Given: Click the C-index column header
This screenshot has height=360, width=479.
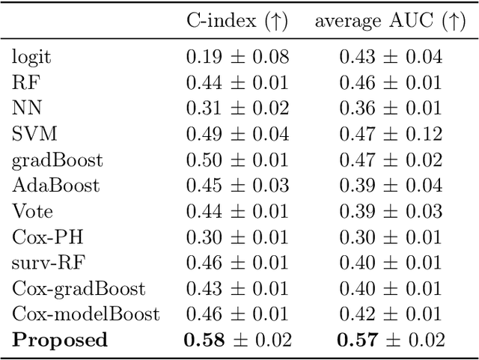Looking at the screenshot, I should click(x=237, y=21).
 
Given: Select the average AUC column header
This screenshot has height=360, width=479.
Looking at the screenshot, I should click(x=389, y=21).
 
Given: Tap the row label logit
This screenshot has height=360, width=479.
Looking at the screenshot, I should click(x=31, y=56).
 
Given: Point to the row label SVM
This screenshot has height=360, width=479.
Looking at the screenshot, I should click(x=34, y=134).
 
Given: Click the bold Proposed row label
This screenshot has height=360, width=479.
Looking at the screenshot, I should click(x=60, y=341).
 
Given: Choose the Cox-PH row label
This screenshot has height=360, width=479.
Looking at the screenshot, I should click(x=47, y=237).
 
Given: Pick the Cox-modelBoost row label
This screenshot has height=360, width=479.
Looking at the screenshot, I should click(x=85, y=314).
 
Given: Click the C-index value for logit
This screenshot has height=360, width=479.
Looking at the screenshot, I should click(x=237, y=56).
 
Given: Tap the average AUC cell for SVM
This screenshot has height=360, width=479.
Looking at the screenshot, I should click(x=390, y=134).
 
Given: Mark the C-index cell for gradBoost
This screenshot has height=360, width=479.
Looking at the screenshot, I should click(x=237, y=160).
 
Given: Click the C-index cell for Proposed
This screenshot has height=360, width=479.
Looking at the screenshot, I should click(x=237, y=341).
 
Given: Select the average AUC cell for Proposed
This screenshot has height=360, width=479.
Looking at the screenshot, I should click(x=390, y=341).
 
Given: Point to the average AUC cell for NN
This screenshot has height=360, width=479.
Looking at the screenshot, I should click(x=390, y=108).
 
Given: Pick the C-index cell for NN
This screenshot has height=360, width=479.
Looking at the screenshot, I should click(x=237, y=108).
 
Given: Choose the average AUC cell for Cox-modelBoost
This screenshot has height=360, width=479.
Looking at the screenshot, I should click(x=390, y=314).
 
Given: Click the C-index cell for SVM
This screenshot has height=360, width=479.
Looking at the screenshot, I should click(x=237, y=134).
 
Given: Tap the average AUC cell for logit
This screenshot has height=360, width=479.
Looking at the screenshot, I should click(x=390, y=56).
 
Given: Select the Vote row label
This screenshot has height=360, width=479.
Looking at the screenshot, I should click(x=32, y=211).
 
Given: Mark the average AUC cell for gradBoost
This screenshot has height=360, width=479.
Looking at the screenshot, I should click(x=390, y=160).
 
